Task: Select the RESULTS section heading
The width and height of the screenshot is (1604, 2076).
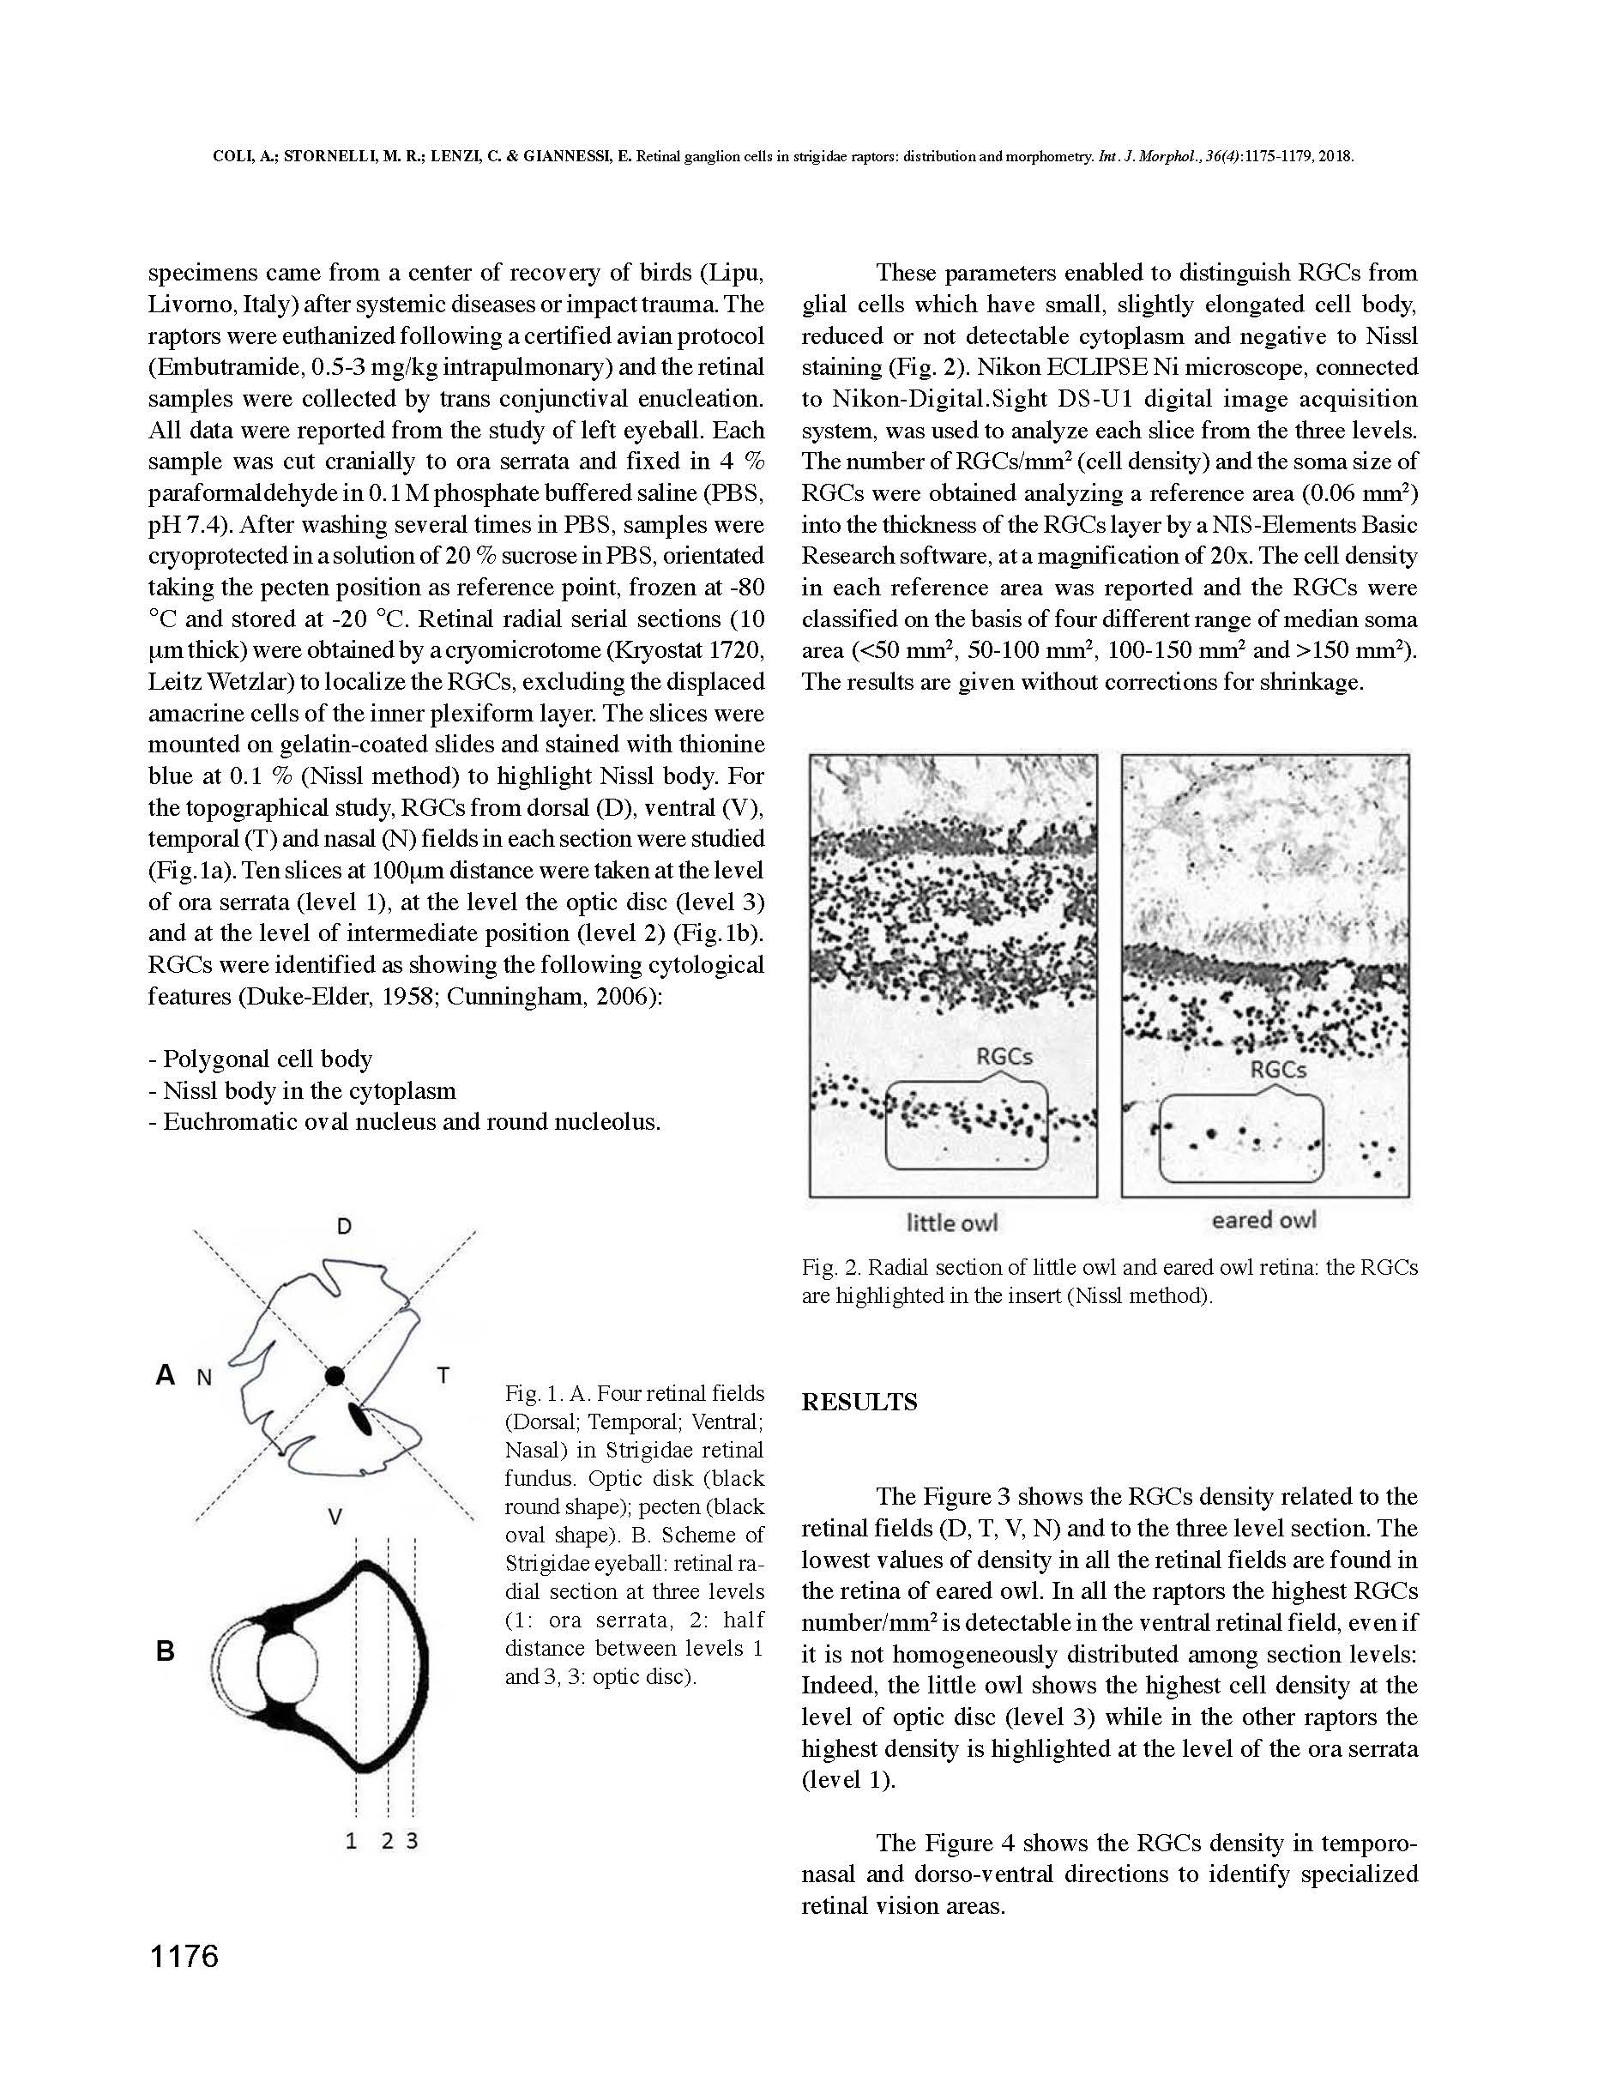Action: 859,1403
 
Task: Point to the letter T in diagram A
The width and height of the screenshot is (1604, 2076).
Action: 443,1375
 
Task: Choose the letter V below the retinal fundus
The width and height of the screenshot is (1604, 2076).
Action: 335,1518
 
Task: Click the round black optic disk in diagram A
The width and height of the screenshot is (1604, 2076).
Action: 335,1375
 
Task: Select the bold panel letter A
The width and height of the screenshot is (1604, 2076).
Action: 166,1374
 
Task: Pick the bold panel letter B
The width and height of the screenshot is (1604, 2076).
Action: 166,1651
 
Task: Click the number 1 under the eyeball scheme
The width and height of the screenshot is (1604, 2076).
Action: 352,1841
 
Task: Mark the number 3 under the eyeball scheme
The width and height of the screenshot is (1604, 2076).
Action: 413,1841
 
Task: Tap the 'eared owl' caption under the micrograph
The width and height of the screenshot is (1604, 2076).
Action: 1263,1220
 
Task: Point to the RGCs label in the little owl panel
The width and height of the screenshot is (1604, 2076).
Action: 1004,1056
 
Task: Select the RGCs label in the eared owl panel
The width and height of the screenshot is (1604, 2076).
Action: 1278,1070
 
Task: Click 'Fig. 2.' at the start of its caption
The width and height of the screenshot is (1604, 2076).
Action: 831,1267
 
